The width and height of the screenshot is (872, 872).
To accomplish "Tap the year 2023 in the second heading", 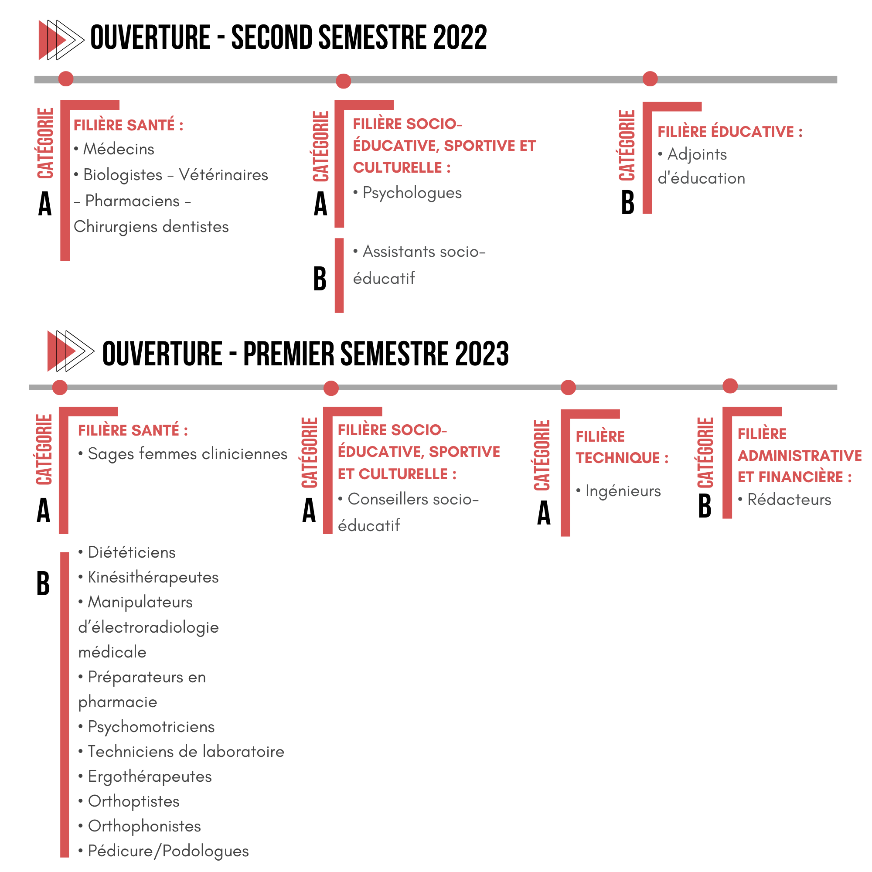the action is click(x=482, y=354).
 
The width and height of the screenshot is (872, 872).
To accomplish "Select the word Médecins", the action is click(x=119, y=149).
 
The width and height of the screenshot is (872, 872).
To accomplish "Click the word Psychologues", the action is click(x=412, y=193).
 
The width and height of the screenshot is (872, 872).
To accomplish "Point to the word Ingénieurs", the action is click(x=623, y=491).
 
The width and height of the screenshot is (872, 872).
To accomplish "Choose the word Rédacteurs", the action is click(x=789, y=500).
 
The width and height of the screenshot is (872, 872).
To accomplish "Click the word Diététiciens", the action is click(x=132, y=552).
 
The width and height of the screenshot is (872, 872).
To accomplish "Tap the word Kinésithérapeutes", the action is click(x=153, y=577).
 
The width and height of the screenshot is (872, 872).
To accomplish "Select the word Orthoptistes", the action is click(x=133, y=802).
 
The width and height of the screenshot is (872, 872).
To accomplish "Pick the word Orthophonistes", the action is click(x=144, y=826).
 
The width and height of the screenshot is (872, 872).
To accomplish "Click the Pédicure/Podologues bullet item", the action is click(x=163, y=851).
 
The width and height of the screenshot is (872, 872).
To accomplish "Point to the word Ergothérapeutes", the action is click(x=150, y=777).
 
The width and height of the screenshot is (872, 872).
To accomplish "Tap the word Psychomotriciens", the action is click(x=151, y=727).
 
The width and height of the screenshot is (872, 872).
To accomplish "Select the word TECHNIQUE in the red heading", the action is click(x=618, y=458).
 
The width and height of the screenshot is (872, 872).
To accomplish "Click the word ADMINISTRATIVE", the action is click(x=800, y=456).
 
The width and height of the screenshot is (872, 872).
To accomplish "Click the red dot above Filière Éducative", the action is click(x=650, y=78).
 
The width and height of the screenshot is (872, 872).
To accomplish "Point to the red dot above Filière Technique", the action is click(x=568, y=387).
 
